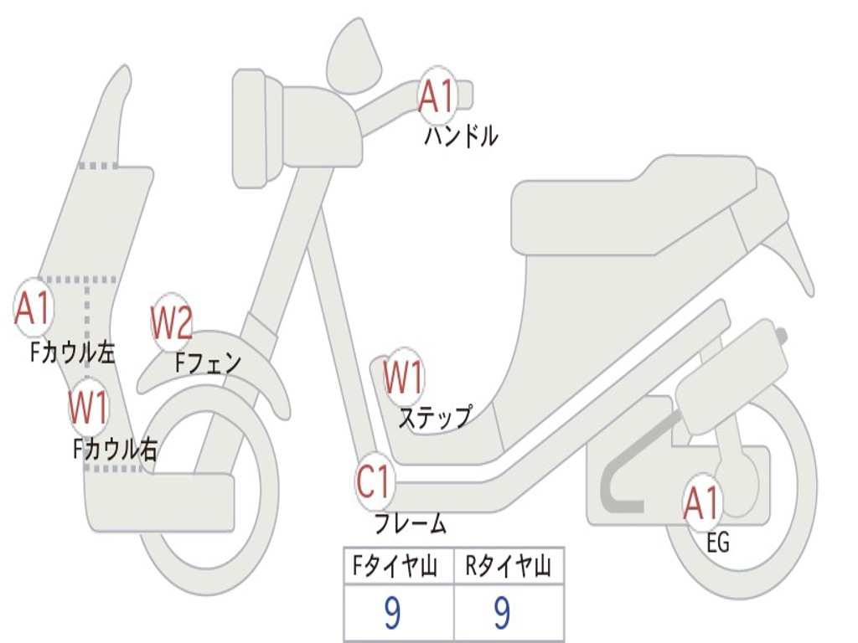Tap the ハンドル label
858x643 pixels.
(x=461, y=136)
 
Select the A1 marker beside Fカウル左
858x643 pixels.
(x=34, y=308)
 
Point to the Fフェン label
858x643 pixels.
(x=208, y=363)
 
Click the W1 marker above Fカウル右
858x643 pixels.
(x=88, y=408)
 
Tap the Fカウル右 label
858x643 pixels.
(x=115, y=450)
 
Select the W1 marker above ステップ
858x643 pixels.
(x=403, y=378)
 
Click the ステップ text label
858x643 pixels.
(x=434, y=416)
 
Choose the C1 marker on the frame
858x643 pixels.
(x=375, y=482)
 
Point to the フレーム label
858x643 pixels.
(x=411, y=524)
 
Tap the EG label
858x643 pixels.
(x=718, y=543)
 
